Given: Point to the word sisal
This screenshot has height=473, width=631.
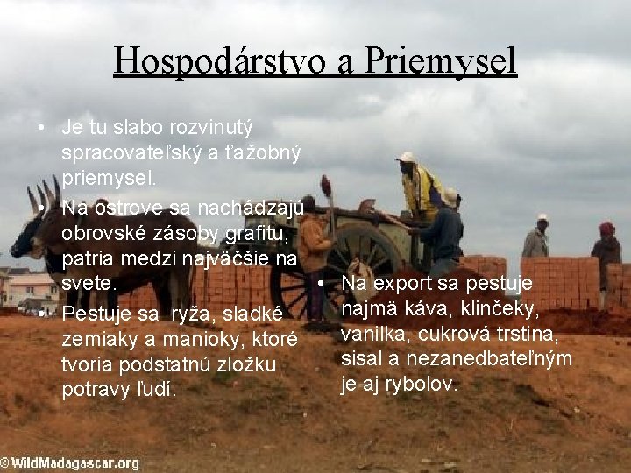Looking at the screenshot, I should [361, 359].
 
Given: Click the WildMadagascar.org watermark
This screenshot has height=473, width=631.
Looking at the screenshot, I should [70, 462].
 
